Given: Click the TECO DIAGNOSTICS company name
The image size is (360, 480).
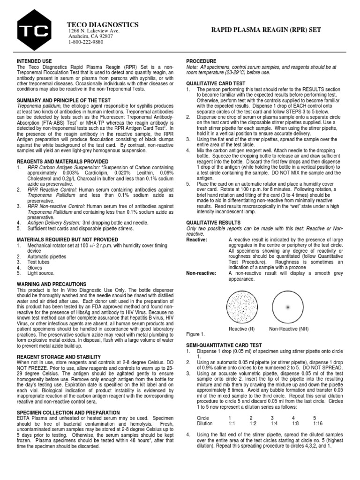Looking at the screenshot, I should point(103,24).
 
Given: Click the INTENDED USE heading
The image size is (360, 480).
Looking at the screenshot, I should point(35,61).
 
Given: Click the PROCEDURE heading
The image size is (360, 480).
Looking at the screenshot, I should point(202,61).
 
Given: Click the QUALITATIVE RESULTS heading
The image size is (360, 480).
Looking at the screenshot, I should point(213,223).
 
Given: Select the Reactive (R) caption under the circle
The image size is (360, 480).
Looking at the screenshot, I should point(242,329).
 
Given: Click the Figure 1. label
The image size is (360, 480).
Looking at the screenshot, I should point(195,335).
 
